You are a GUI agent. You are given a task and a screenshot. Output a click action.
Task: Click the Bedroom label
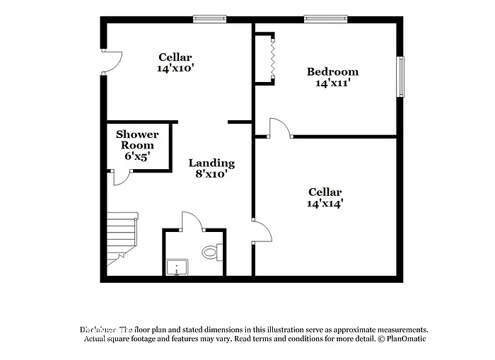click(332, 71)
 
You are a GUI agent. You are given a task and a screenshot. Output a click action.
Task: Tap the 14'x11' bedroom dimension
click(332, 83)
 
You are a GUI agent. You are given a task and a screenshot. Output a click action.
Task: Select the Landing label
click(211, 163)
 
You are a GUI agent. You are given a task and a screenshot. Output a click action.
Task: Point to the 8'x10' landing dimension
click(211, 174)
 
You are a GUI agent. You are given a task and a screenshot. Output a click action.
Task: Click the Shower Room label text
click(137, 139)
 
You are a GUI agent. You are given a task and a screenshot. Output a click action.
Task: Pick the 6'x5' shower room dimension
click(137, 156)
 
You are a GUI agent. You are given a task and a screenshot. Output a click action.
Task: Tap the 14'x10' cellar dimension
click(175, 69)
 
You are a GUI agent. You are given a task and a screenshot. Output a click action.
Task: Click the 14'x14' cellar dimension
click(325, 204)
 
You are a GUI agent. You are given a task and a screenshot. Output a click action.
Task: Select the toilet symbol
click(211, 251)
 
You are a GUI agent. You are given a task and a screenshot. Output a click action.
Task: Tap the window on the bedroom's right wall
click(400, 76)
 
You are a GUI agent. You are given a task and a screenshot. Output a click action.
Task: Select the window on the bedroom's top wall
click(325, 19)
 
